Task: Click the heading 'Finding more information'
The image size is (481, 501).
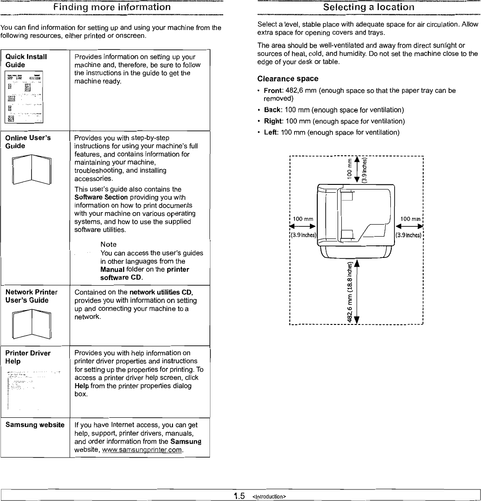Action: coord(111,7)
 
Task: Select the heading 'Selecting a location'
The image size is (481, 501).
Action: coord(369,7)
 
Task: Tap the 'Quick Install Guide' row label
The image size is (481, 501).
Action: coord(26,61)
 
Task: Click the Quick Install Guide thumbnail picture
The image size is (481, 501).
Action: coord(24,97)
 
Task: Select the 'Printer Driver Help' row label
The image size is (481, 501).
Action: coord(28,357)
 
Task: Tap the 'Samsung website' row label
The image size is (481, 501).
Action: coord(35,425)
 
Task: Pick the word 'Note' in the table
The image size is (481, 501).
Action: coord(108,244)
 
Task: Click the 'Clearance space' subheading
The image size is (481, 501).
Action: coord(288,79)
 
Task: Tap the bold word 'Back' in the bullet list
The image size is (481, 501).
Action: coord(272,110)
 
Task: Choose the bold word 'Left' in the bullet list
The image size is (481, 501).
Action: coord(271,133)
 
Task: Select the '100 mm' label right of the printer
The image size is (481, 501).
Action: coord(410,219)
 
